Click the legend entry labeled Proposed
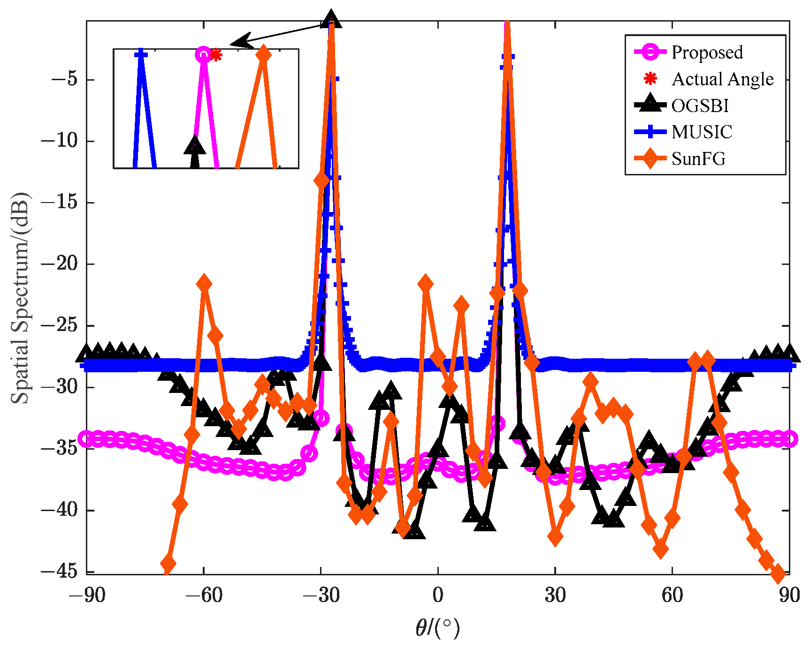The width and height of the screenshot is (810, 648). point(707,52)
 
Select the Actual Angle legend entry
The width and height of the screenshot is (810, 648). point(722,79)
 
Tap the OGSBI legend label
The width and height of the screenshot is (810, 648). point(700,105)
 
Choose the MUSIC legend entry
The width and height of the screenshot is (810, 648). point(702,132)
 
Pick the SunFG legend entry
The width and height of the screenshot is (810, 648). point(698,158)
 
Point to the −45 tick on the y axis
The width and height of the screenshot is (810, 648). point(59,571)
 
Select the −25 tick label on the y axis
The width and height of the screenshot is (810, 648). point(59,325)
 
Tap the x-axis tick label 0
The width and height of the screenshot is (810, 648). point(437,595)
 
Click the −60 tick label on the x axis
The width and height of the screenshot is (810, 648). point(204,595)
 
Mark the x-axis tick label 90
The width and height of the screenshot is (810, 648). point(789,595)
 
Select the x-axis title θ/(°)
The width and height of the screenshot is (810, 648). point(437,627)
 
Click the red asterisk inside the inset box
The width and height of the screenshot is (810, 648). point(215,55)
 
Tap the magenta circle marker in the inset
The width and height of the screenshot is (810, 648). point(203,55)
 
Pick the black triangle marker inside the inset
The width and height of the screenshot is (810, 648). point(195,146)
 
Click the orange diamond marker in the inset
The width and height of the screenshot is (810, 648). point(264,54)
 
